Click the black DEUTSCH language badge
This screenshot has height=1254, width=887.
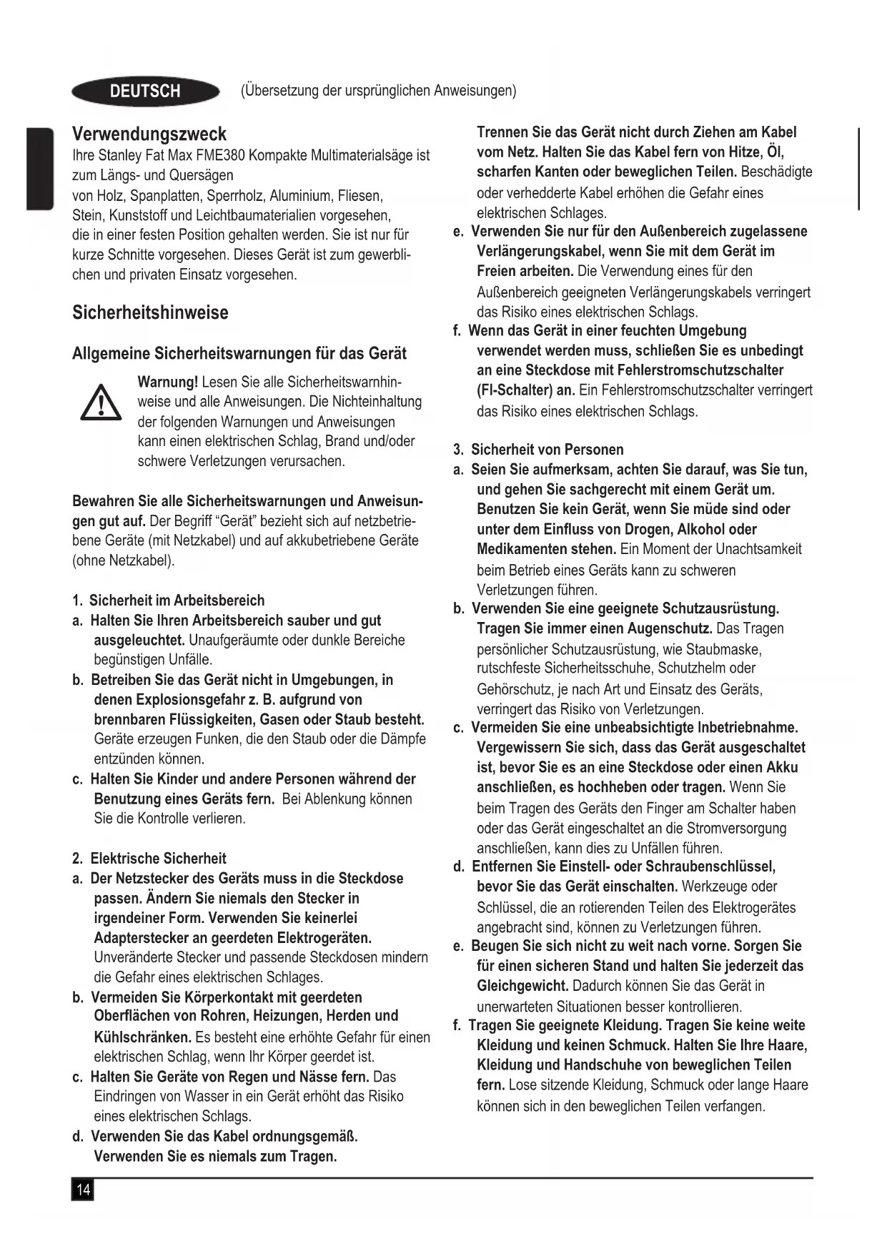[x=145, y=92]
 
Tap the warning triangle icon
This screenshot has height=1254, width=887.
[x=100, y=403]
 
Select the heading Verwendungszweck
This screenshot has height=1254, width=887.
[x=149, y=134]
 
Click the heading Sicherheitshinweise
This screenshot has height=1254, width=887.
[x=150, y=312]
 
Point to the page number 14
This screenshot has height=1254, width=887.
[x=83, y=1190]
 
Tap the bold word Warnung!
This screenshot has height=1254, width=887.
[x=167, y=382]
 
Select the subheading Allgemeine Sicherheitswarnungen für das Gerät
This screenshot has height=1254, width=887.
[x=239, y=353]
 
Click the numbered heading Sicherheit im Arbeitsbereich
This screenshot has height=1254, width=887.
[x=177, y=601]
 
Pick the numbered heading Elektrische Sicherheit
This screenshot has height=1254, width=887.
[x=158, y=859]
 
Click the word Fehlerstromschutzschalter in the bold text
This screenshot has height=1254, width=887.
[x=700, y=370]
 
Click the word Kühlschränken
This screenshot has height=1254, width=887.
[x=142, y=1037]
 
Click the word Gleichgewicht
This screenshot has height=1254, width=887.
[x=522, y=986]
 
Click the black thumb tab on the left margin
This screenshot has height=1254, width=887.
[x=40, y=169]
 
